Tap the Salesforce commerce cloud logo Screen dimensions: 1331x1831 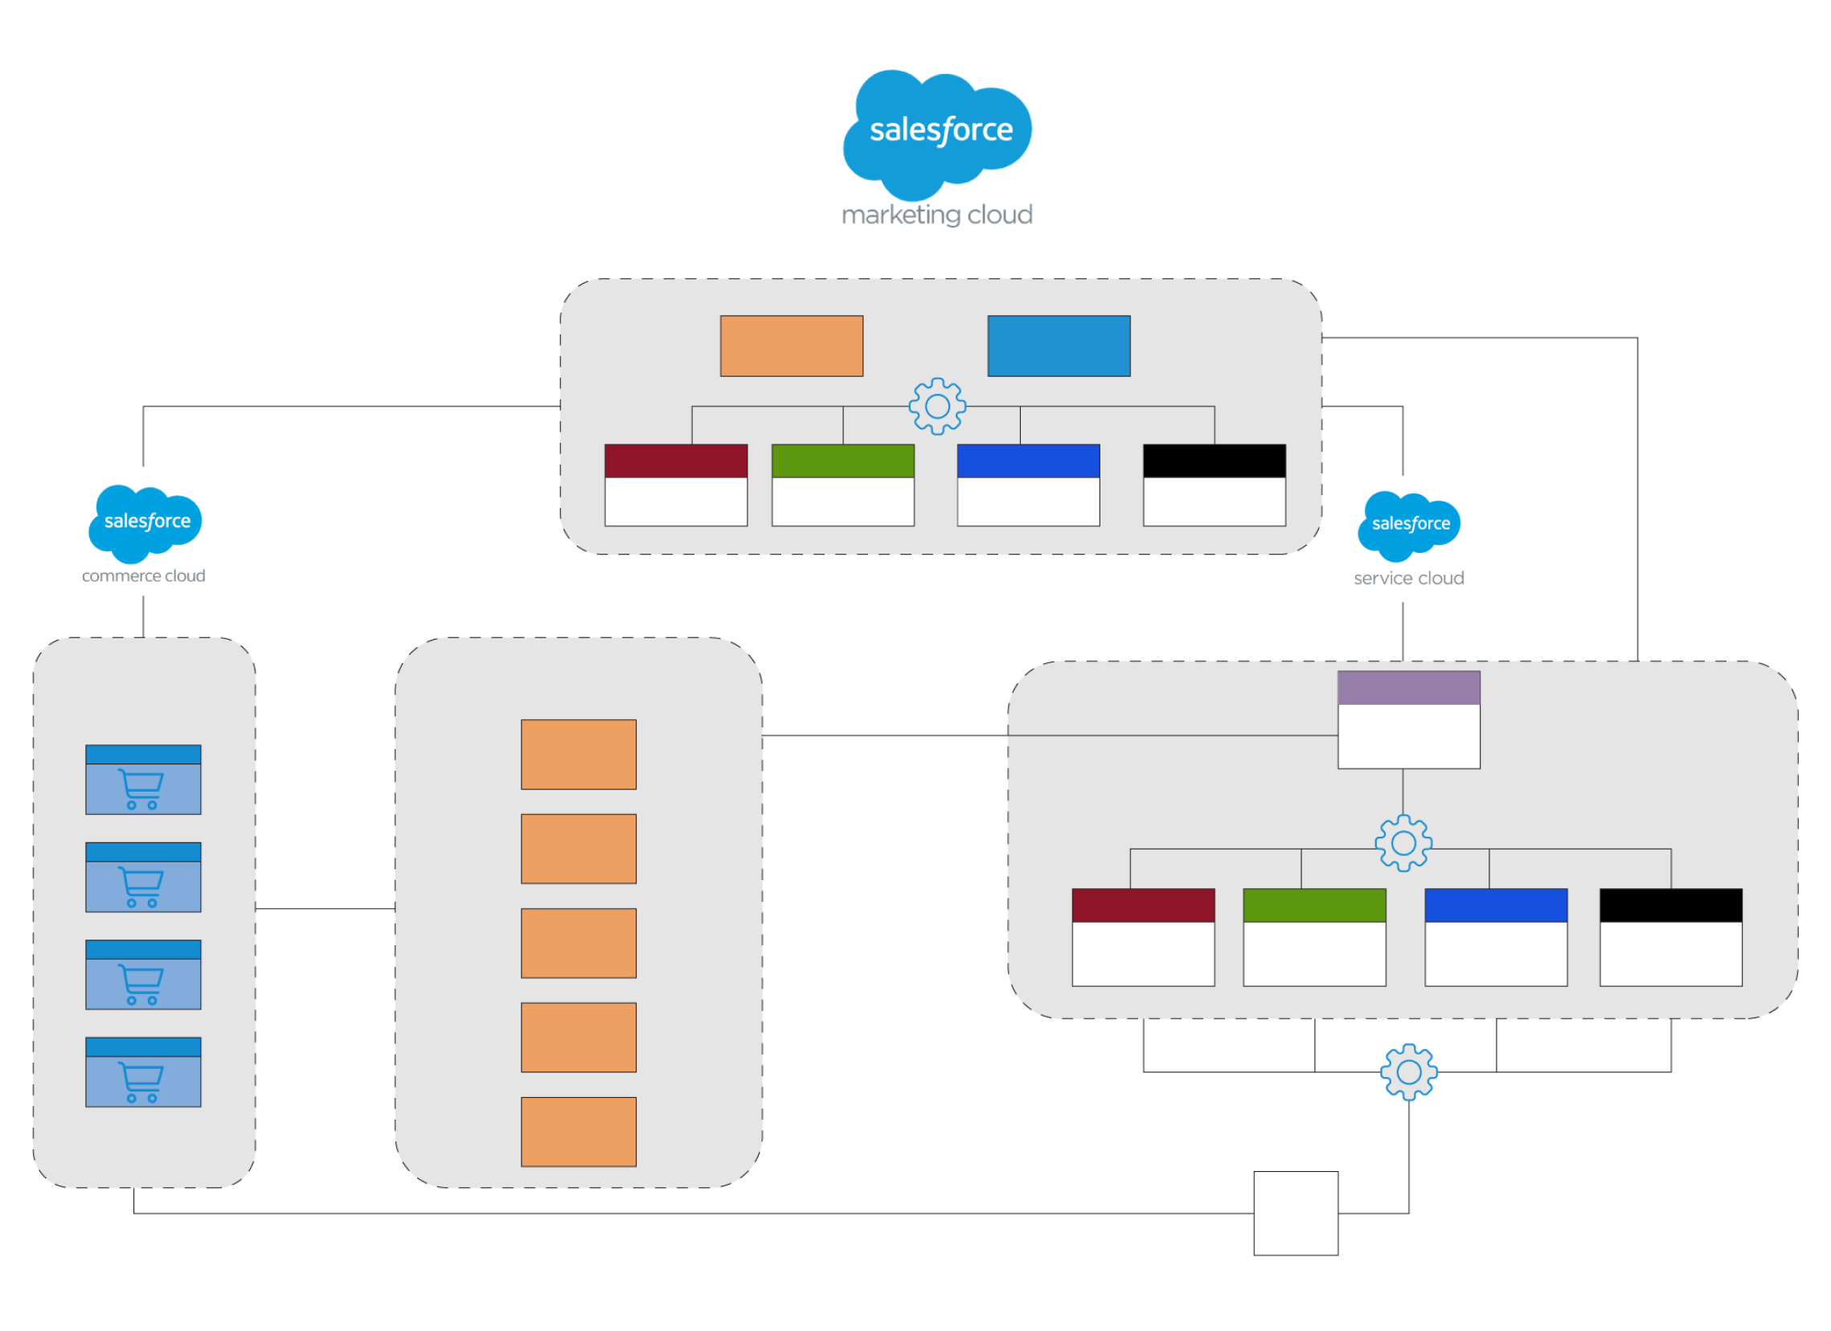pyautogui.click(x=144, y=530)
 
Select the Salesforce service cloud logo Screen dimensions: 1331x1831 pyautogui.click(x=1409, y=539)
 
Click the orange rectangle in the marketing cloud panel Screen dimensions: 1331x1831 pyautogui.click(x=791, y=346)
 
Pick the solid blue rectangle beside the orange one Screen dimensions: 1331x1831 pyautogui.click(x=1059, y=346)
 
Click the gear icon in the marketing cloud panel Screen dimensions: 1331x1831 pyautogui.click(x=936, y=406)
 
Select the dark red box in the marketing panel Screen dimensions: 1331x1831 pyautogui.click(x=676, y=485)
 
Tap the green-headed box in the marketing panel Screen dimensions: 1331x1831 pyautogui.click(x=843, y=485)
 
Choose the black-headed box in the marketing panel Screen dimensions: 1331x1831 pyautogui.click(x=1215, y=485)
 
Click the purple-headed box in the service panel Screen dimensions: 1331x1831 pyautogui.click(x=1409, y=719)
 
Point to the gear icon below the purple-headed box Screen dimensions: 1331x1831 pyautogui.click(x=1403, y=842)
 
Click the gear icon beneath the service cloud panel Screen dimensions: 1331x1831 pyautogui.click(x=1409, y=1072)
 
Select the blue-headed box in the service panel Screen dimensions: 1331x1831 pyautogui.click(x=1495, y=936)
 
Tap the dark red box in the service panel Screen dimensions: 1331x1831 pyautogui.click(x=1143, y=936)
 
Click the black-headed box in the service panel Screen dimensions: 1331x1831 pyautogui.click(x=1670, y=936)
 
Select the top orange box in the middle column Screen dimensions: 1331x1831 pyautogui.click(x=578, y=754)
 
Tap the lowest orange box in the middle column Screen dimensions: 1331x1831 pyautogui.click(x=578, y=1132)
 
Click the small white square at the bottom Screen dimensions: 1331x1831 pyautogui.click(x=1295, y=1213)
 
